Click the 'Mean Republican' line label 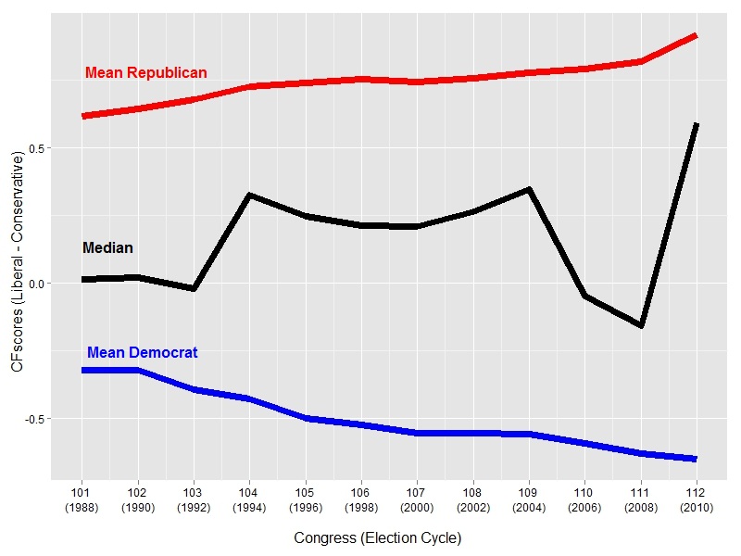[146, 73]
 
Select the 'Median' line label [107, 247]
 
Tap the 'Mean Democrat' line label [143, 353]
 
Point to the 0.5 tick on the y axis [36, 148]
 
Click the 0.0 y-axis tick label [36, 284]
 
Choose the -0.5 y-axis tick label [34, 419]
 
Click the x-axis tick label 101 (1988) [82, 500]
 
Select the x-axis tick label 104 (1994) [249, 500]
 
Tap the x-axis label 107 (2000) [417, 500]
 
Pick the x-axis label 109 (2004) [529, 500]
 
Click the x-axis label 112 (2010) [697, 500]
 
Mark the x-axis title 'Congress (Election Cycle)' [378, 538]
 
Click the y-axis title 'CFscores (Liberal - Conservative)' [17, 261]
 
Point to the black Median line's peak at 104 [249, 195]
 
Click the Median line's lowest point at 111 [641, 326]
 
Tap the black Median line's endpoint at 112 [696, 124]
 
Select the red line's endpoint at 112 [696, 36]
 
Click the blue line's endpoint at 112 [696, 459]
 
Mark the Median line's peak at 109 [529, 190]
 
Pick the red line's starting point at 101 [82, 116]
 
